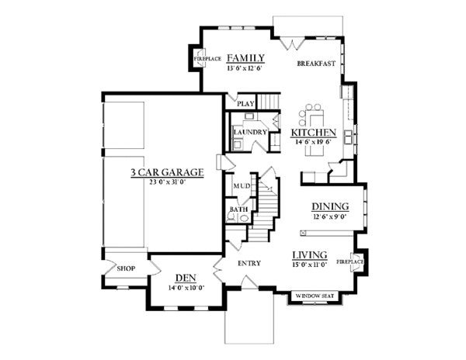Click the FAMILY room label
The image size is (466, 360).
pos(246,57)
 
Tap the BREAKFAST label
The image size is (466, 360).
pos(316,64)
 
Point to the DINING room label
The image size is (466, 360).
pos(329,206)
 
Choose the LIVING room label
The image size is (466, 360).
pos(309,255)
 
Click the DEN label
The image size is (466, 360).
pos(185,277)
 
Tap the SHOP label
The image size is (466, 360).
pos(126,268)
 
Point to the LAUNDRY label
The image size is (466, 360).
pos(250,132)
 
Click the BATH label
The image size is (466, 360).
pos(238,209)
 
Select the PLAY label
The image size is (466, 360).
pos(245,102)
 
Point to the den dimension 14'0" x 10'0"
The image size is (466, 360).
pos(185,287)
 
